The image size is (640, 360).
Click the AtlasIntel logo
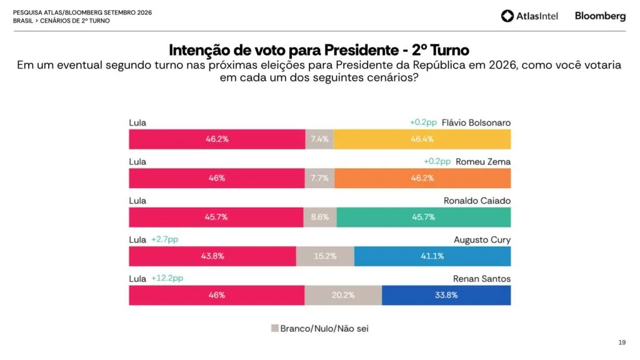529,16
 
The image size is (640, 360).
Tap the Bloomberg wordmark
600,16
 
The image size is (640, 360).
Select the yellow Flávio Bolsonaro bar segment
422,139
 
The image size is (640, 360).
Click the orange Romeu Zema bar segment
422,178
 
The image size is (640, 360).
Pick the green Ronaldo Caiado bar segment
424,217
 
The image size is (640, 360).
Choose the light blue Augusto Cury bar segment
432,256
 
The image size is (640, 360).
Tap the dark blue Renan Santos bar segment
446,295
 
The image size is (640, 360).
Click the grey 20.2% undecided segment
343,295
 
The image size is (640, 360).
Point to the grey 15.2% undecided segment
325,256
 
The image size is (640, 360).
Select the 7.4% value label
319,139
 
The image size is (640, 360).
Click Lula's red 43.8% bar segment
212,256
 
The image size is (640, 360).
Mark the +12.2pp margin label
167,278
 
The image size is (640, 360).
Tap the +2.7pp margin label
165,239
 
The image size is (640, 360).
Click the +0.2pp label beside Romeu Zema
437,161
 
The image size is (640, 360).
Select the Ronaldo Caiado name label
477,201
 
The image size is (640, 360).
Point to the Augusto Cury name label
482,240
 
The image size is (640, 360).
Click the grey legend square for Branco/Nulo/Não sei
275,328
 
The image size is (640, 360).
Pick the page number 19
622,342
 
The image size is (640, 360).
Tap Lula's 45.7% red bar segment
216,217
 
